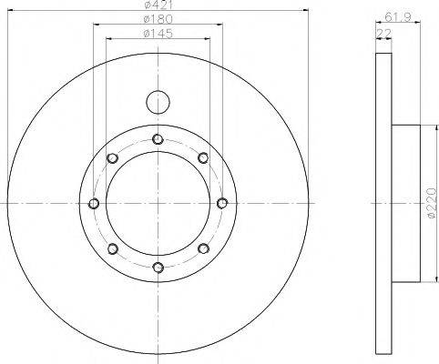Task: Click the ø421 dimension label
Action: pos(158,5)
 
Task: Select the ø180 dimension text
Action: pos(158,19)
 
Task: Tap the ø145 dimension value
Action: pos(158,33)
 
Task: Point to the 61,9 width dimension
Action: pos(398,17)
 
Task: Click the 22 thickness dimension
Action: pos(383,34)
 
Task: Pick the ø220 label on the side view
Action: pos(432,203)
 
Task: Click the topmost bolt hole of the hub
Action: pos(158,139)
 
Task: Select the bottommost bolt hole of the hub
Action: pos(158,268)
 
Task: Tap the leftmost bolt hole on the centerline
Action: pos(94,203)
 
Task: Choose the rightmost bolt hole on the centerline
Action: pos(222,203)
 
